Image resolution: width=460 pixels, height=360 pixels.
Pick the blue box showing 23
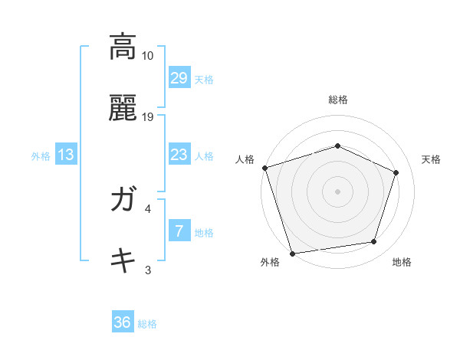[x=179, y=155]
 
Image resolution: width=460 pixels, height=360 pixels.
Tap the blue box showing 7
[x=179, y=231]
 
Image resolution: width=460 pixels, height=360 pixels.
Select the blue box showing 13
[x=66, y=155]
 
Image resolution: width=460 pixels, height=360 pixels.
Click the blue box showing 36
[x=123, y=322]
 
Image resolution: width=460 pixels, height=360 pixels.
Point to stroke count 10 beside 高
[x=148, y=56]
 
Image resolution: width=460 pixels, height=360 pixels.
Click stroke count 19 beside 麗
[x=148, y=117]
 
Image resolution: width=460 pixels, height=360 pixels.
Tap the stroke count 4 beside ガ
[x=148, y=208]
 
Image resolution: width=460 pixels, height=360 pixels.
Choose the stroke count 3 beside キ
[x=148, y=270]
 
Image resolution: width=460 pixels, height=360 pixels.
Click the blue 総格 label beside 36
[x=147, y=324]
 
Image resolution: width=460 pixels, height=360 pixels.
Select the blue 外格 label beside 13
[x=41, y=156]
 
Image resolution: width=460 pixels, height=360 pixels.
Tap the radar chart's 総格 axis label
[x=338, y=100]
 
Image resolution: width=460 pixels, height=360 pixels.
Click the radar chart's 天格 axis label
[x=432, y=159]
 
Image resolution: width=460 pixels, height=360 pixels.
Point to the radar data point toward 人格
[x=265, y=168]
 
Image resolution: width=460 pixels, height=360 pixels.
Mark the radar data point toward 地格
[x=374, y=242]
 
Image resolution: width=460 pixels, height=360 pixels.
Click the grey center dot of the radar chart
[x=338, y=191]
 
